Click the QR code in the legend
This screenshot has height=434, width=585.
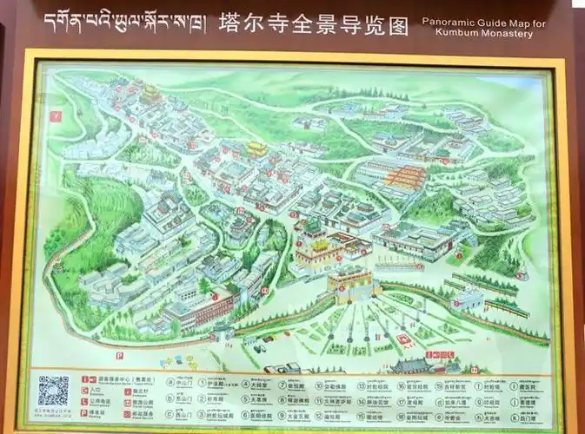coord(53,391)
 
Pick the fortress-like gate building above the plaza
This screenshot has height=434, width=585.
coord(350,284)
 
